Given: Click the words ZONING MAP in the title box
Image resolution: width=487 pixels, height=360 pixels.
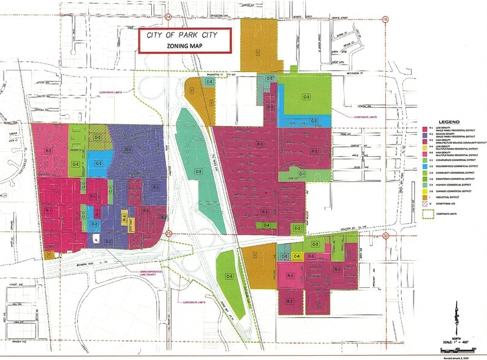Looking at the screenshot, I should [184, 47].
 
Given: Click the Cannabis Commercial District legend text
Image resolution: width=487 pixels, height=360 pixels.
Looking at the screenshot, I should [453, 191].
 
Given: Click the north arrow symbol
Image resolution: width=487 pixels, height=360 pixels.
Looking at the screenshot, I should [456, 322].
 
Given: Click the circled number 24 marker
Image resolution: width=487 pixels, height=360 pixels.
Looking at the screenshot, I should [168, 4].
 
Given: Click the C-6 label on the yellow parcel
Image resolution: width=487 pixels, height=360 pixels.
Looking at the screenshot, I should [296, 257].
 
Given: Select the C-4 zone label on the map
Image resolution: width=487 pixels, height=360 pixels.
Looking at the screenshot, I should [266, 225].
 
